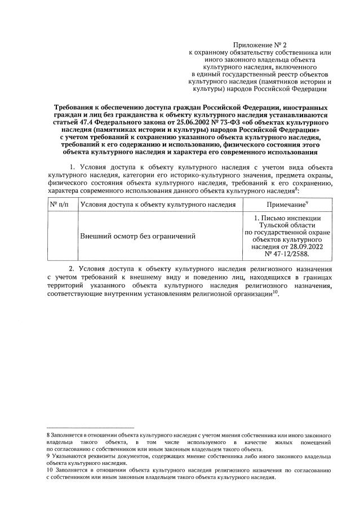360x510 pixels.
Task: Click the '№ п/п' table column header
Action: (x=62, y=205)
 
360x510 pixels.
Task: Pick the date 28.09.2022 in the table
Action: (x=302, y=246)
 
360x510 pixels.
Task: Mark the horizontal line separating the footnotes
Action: (x=90, y=428)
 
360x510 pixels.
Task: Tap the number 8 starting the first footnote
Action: (x=48, y=436)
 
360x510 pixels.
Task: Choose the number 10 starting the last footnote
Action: (x=50, y=469)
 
